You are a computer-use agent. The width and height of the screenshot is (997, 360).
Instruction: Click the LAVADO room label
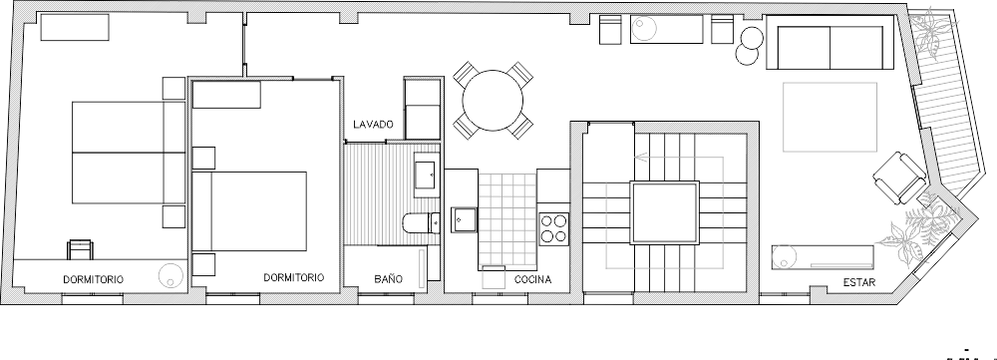pos(373,124)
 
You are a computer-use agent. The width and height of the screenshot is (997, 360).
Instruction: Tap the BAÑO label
pos(388,279)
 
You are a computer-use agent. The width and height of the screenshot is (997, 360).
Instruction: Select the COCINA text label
pos(532,279)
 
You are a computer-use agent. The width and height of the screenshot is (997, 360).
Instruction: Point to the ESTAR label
pos(859,282)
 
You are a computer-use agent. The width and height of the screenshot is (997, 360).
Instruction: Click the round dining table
pos(493,101)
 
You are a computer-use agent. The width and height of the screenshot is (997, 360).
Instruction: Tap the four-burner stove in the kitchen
pos(553,229)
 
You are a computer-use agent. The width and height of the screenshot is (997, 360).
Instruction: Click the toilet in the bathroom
pos(421,222)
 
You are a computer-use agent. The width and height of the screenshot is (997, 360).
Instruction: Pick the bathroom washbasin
pos(426,171)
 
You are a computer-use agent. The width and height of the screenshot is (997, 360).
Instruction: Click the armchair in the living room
pos(899,179)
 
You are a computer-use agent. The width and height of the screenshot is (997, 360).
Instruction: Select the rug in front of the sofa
pos(830,117)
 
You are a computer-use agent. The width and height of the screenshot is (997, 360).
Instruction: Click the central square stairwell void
pos(664,212)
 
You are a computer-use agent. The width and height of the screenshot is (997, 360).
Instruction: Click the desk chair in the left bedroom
pos(80,250)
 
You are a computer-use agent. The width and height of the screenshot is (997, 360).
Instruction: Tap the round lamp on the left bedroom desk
pos(171,275)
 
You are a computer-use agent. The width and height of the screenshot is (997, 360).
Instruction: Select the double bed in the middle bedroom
pos(249,211)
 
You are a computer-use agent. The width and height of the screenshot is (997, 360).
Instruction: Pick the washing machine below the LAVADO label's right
pos(423,108)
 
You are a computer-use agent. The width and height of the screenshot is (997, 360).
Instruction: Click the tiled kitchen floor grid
pos(506,219)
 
